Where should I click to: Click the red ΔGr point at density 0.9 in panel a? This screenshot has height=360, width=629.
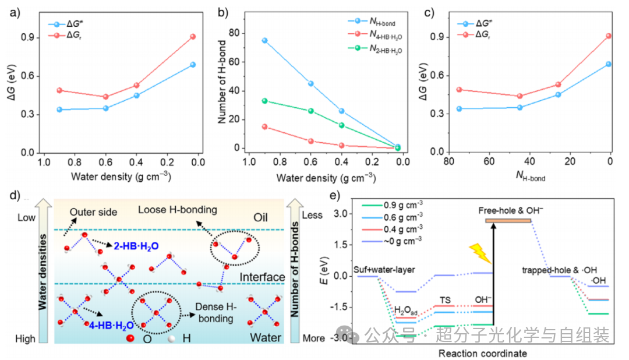tap(59, 90)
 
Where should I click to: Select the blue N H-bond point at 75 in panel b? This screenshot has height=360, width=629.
tap(265, 41)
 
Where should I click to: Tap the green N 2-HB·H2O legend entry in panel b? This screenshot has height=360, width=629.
tap(374, 49)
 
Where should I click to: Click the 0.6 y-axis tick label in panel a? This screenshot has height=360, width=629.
tap(28, 76)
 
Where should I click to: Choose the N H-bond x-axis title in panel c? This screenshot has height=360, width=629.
tap(531, 176)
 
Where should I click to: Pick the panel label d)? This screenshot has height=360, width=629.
tap(15, 196)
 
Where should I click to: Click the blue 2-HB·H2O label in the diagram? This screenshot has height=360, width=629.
tap(136, 246)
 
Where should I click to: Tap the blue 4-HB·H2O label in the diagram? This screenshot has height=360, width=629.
tap(111, 326)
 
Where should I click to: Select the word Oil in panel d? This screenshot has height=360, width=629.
tap(260, 217)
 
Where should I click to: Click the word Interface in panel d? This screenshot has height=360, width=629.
tap(262, 277)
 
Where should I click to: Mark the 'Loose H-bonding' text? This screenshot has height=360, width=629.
tap(177, 210)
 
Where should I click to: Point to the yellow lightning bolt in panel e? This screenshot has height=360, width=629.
tap(480, 253)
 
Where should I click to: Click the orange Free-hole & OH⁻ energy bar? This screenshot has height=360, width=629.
tap(508, 221)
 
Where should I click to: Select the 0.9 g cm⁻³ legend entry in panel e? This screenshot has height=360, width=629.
tap(392, 205)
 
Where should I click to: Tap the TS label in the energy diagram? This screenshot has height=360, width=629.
tap(445, 300)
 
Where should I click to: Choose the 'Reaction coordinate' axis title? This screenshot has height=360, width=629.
tap(483, 353)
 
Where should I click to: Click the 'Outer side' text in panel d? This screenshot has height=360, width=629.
tap(93, 212)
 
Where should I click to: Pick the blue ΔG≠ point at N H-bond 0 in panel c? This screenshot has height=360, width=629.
tap(609, 64)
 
